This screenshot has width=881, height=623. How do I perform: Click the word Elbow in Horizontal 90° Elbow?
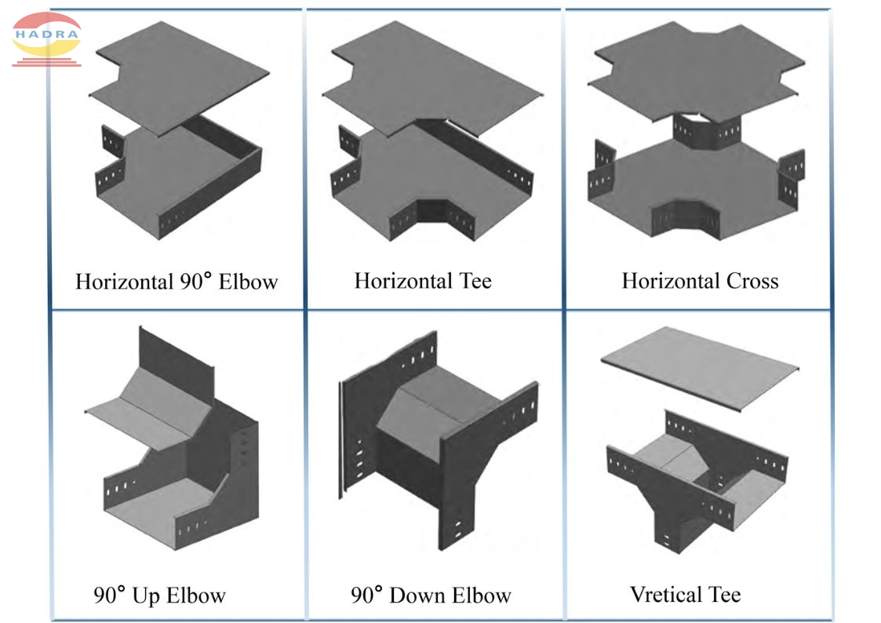pos(248,282)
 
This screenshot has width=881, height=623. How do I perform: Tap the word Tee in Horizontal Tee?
pos(473,280)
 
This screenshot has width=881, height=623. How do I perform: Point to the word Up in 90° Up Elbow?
pos(145,596)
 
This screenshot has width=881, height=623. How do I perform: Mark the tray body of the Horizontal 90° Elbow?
pos(180,184)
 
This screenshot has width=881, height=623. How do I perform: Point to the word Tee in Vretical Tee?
pos(725,594)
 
